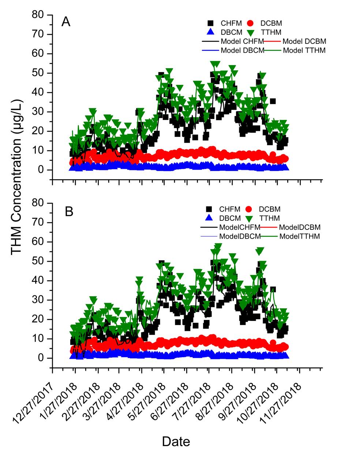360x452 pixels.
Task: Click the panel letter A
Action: [66, 22]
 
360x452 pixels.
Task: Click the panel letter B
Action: [69, 212]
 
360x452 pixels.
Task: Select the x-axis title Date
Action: [176, 441]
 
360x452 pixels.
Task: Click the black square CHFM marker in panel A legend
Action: [210, 23]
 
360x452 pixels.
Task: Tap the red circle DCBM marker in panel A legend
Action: [250, 23]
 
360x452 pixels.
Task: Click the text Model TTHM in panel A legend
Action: [304, 51]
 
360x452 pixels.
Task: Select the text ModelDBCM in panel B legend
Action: [239, 236]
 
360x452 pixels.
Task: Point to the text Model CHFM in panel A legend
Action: [242, 41]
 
